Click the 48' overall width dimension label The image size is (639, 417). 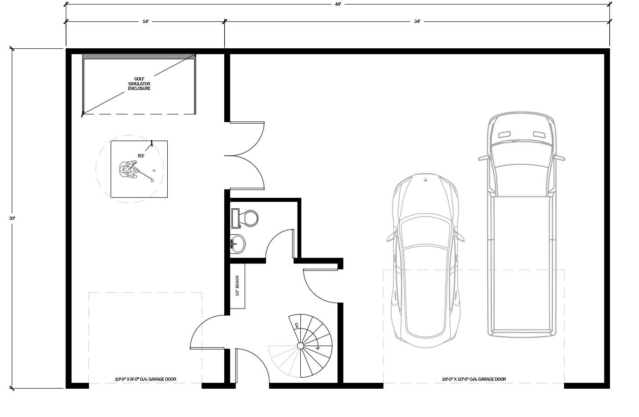pos(338,5)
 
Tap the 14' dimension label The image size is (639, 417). pos(146,21)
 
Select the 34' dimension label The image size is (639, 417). pos(417,21)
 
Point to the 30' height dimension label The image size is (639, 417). pos(12,218)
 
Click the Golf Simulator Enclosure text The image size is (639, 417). pos(139,84)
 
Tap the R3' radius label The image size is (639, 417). pos(141,156)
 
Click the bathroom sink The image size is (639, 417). pos(237,244)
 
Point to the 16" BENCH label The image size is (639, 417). pos(237,286)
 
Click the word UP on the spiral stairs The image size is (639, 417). pos(297,325)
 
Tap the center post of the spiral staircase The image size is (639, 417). pos(300,346)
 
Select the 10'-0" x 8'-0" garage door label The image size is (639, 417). pos(145,379)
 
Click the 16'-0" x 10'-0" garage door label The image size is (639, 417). pos(474,379)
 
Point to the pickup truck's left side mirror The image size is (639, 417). pos(484,158)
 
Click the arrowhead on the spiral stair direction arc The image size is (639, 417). pos(318,348)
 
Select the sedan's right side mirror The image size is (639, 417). pos(459,237)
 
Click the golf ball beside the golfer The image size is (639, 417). pos(154,171)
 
